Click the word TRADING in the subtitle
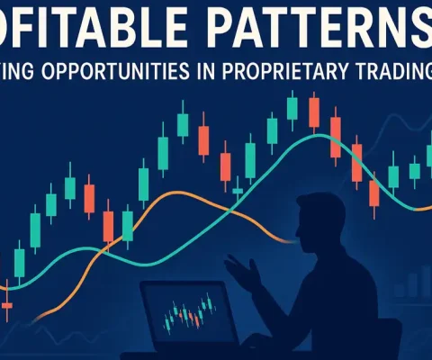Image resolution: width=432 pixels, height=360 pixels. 392,71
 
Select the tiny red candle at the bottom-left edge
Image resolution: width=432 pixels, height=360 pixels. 7,306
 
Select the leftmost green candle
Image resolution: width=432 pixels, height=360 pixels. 19,262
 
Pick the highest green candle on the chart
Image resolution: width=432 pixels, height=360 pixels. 292,108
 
